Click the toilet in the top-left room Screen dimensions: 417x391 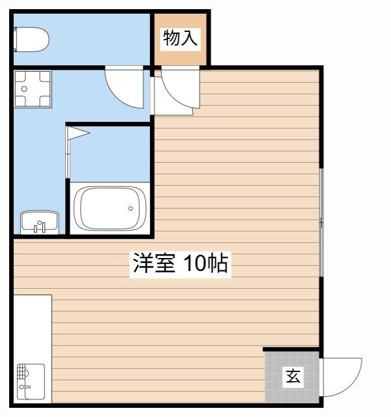(x=31, y=40)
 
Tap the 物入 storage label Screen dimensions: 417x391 (x=180, y=38)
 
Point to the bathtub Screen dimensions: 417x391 (x=109, y=208)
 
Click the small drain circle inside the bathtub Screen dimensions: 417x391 (x=130, y=208)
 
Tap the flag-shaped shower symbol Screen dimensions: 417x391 (x=77, y=134)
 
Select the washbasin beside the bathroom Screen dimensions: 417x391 (x=39, y=222)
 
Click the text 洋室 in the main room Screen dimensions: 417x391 (x=154, y=263)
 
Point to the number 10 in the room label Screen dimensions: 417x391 (x=195, y=263)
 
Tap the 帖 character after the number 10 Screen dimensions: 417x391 (x=218, y=263)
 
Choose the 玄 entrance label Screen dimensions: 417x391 (x=293, y=376)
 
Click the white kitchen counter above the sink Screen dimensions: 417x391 (x=31, y=326)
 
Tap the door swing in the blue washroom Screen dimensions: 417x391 (x=125, y=88)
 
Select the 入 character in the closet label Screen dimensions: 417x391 (x=189, y=38)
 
